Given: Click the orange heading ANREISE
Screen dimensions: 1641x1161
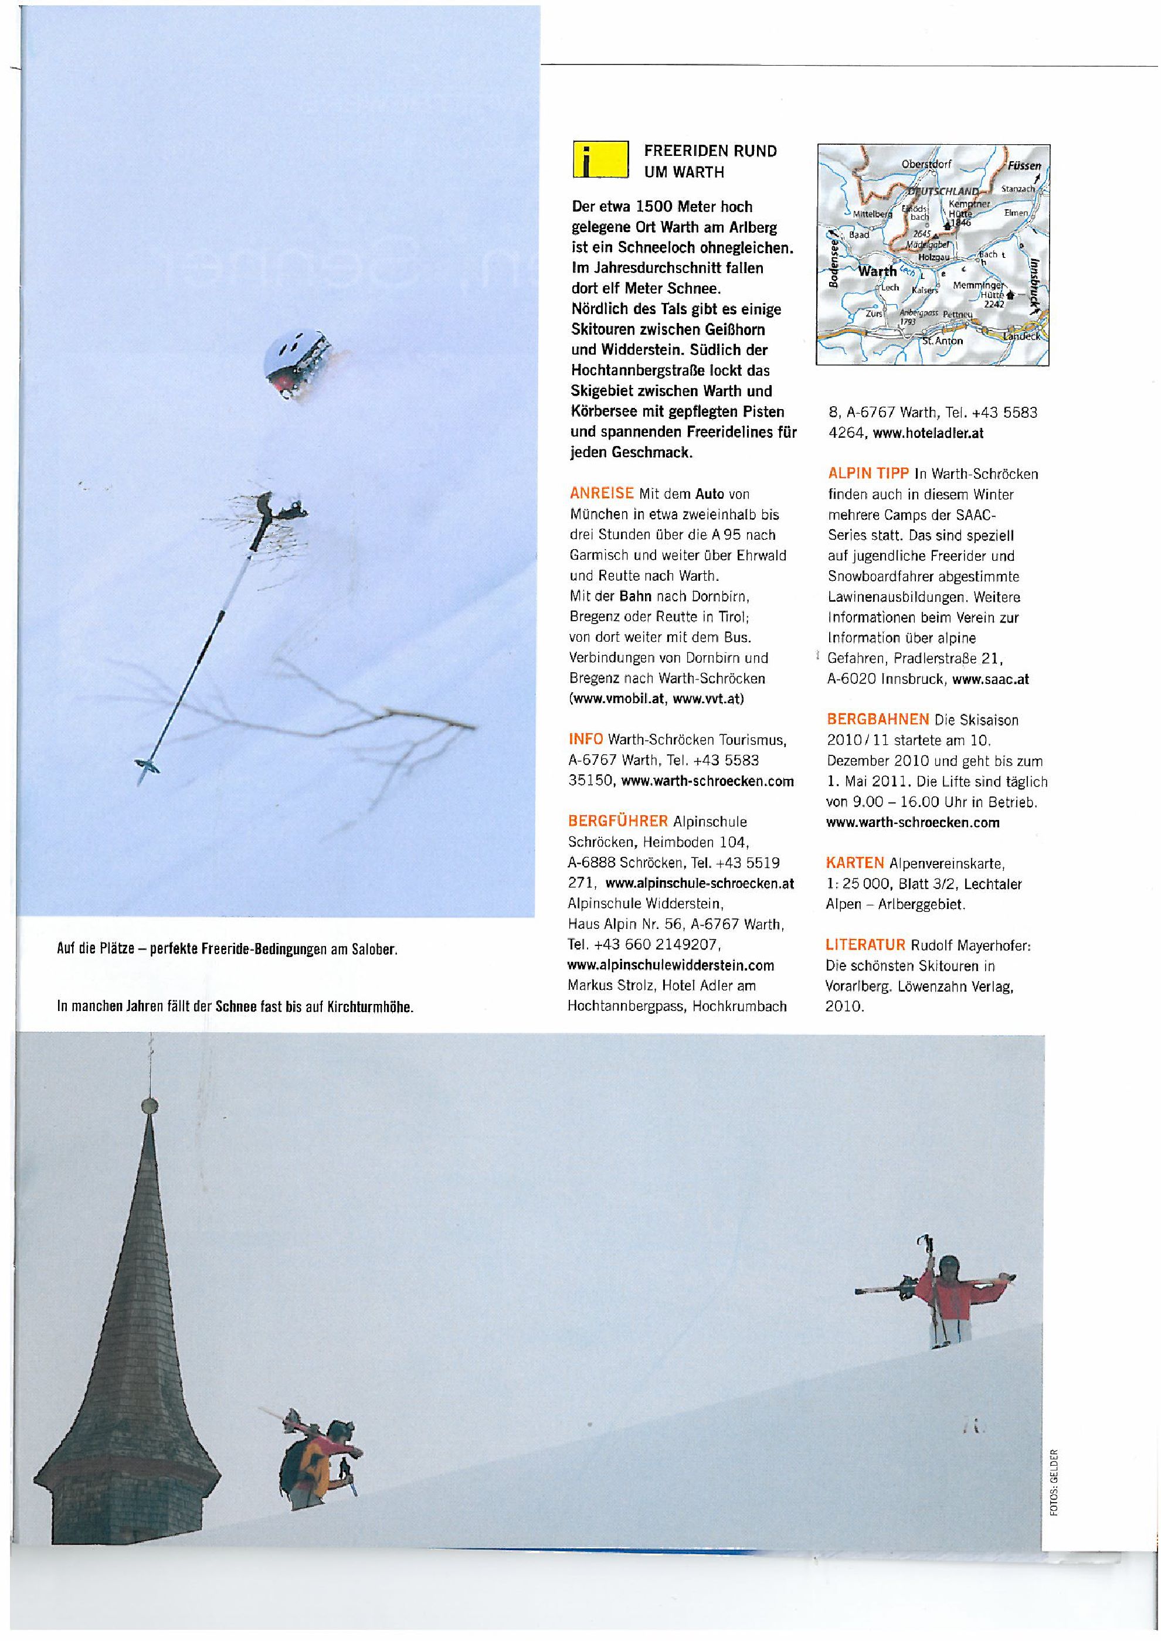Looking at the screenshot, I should click(x=601, y=493).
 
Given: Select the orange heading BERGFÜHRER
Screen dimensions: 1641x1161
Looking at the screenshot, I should click(x=617, y=821).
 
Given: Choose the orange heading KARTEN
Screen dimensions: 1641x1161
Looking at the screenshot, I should click(x=854, y=863).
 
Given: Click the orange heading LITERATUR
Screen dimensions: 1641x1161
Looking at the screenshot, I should click(x=865, y=945).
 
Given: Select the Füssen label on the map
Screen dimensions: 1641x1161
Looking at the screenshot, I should click(x=1024, y=165).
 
